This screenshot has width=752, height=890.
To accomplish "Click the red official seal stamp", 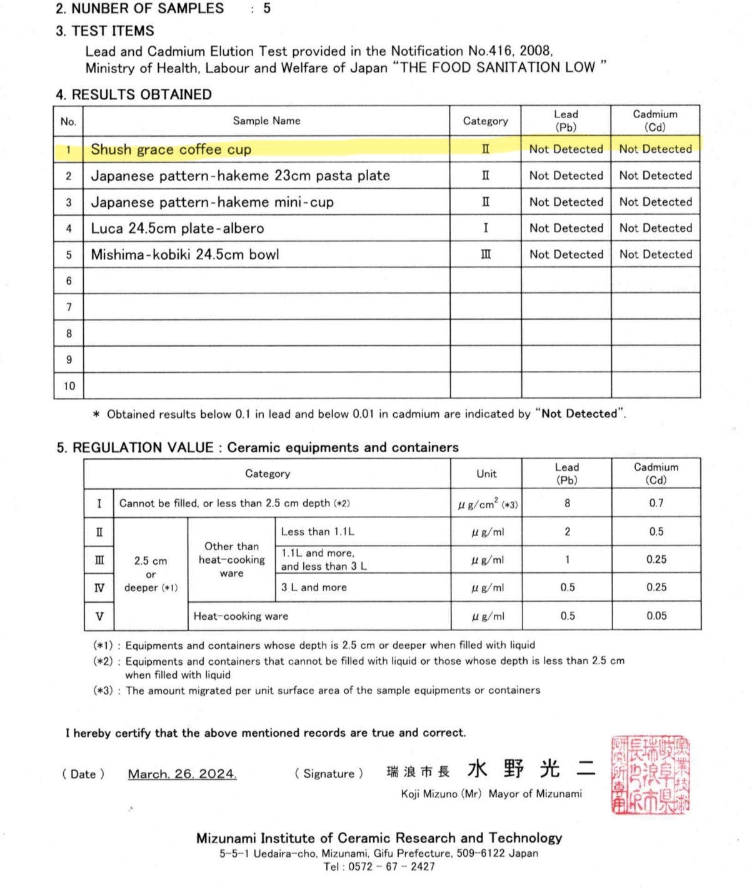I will [x=651, y=775].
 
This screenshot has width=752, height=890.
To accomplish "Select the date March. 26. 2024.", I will [x=182, y=774].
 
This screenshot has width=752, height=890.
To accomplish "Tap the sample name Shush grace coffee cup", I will [x=171, y=149].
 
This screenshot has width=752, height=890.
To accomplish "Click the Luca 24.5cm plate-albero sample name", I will [x=178, y=228].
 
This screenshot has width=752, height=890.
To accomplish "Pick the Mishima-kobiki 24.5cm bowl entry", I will [x=185, y=255].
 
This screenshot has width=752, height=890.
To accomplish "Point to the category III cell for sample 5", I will [x=486, y=255].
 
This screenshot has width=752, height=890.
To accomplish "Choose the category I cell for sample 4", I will [x=486, y=228].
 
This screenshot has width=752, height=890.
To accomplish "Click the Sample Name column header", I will [x=266, y=121].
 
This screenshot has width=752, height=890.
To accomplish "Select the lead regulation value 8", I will [x=567, y=503].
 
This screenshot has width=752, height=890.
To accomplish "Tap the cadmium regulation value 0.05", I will [x=656, y=616].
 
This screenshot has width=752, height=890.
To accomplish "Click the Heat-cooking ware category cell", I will [x=241, y=616].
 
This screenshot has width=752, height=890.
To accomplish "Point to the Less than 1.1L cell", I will [x=318, y=532].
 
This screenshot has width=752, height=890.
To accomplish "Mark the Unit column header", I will [x=486, y=474].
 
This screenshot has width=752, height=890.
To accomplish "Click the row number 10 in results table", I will [x=69, y=386].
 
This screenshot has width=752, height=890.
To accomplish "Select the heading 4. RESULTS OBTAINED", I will [x=134, y=94].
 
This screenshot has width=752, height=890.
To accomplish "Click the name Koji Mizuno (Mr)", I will [x=441, y=794].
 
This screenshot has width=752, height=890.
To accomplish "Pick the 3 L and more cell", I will [x=314, y=587].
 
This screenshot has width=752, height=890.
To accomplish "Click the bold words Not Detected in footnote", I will [x=579, y=413].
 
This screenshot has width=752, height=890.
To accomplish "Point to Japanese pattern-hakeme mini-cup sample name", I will [x=213, y=202].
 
